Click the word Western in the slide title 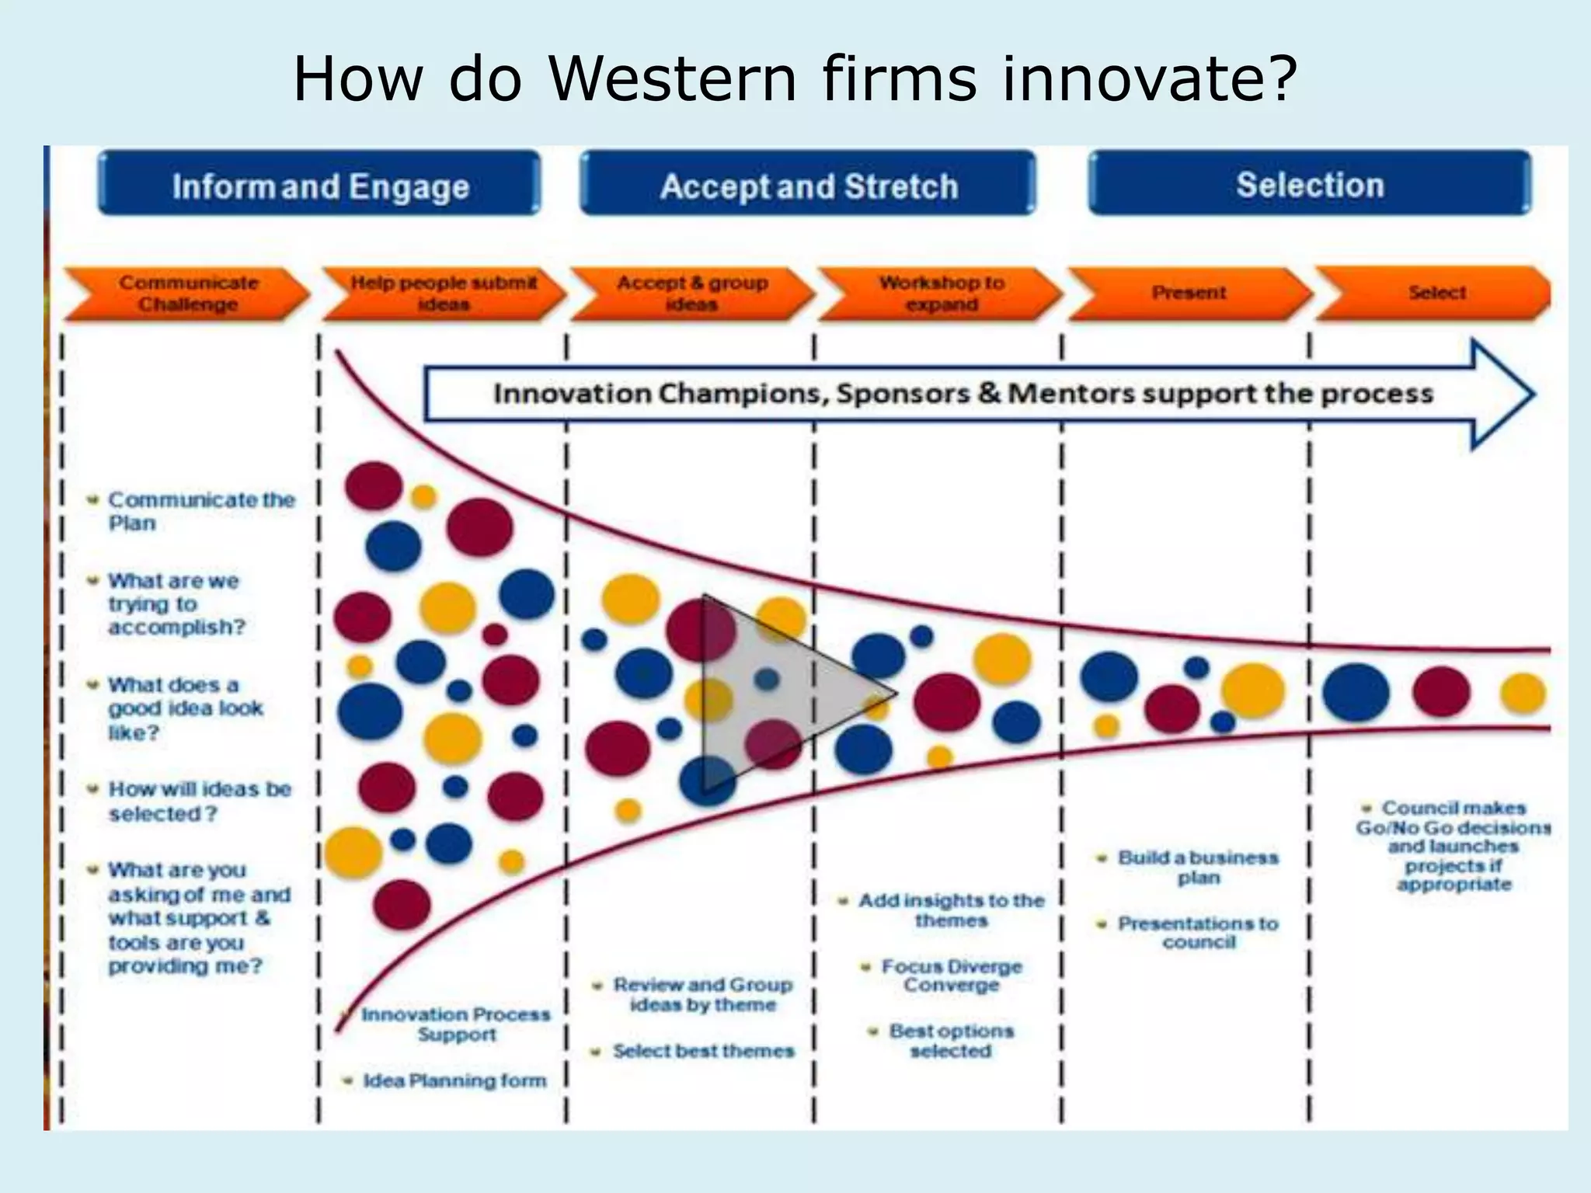pos(673,79)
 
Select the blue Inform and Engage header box pos(319,184)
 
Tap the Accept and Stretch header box pos(808,184)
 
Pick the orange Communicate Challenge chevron pos(187,294)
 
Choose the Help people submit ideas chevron pos(443,294)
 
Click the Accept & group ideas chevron pos(691,294)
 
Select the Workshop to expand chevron pos(940,294)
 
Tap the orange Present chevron pos(1189,294)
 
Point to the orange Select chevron pos(1436,294)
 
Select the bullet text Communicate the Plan pos(200,510)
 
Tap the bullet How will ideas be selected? pos(198,801)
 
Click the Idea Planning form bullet pos(454,1080)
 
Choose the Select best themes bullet pos(702,1051)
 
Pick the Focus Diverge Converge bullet pos(951,976)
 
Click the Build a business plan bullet pos(1197,867)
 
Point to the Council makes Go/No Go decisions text pos(1453,845)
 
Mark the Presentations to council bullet pos(1197,932)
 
